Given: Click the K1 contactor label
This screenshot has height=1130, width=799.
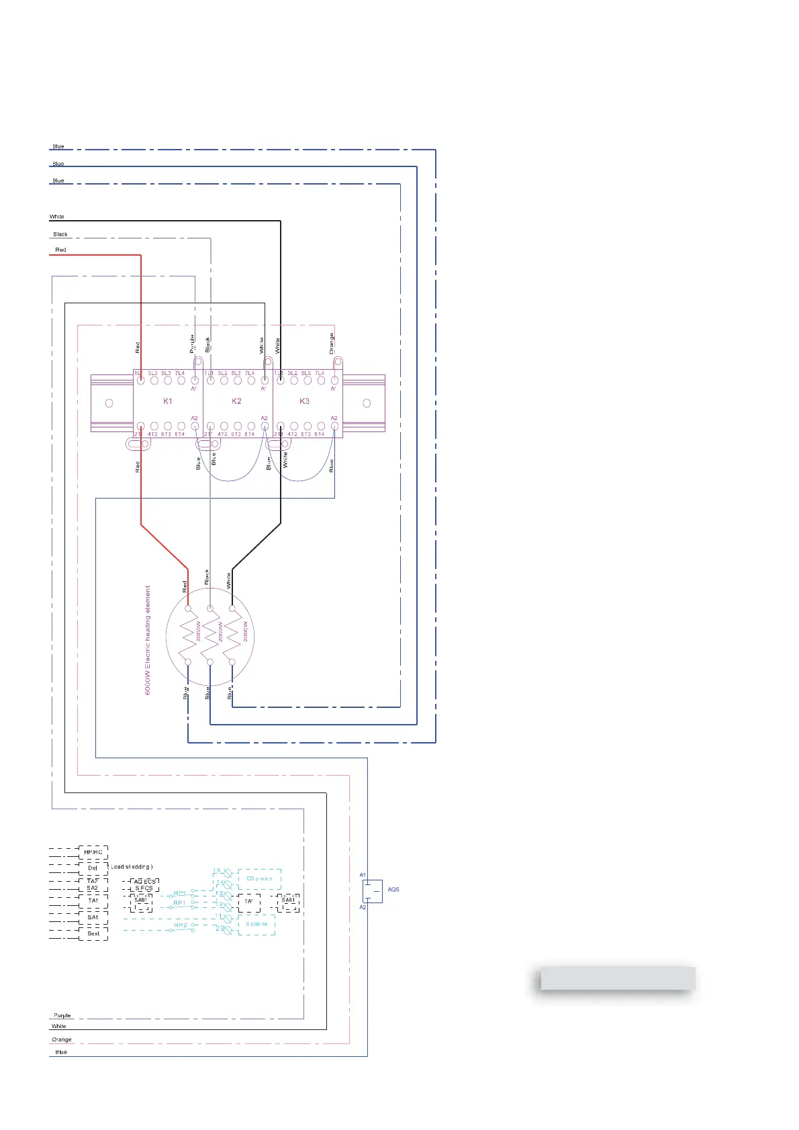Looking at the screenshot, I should point(168,401).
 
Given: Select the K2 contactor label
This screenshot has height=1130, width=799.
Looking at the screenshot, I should point(236,401).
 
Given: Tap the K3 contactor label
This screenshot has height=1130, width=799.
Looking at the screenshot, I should point(305,401).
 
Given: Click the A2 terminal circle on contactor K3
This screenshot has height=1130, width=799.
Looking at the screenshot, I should point(334,426).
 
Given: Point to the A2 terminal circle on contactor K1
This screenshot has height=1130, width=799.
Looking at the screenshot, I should point(195,426).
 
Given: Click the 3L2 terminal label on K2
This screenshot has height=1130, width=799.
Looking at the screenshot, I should point(222,373).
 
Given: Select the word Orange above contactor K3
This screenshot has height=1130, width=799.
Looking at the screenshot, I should point(332,343).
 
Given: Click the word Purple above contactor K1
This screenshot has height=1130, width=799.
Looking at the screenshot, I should point(192,343).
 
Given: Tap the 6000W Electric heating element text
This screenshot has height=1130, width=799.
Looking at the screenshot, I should point(148,639).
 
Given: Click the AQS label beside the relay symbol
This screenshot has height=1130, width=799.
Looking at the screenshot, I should point(393,890).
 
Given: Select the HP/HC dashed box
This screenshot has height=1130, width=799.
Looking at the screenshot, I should point(93,852).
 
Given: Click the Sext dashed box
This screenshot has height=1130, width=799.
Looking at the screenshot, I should point(93,933).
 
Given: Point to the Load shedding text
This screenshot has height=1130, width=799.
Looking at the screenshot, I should point(132,867).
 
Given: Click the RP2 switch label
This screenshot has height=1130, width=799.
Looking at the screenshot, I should point(181,925).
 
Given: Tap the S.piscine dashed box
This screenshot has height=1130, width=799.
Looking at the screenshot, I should point(256,925).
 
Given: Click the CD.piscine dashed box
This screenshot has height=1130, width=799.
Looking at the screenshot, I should point(259,879).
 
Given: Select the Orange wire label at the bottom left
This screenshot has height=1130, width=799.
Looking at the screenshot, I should point(62,1039).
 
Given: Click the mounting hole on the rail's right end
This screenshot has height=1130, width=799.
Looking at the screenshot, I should point(367,403).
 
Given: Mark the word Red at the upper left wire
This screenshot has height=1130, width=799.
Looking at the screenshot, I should point(60,250).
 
